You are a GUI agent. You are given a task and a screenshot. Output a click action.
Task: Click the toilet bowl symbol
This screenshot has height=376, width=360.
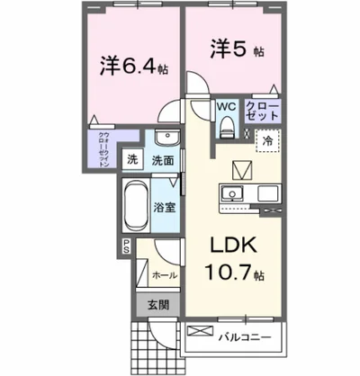point(226,129)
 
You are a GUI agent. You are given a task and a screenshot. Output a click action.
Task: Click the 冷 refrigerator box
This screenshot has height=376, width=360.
point(267,140)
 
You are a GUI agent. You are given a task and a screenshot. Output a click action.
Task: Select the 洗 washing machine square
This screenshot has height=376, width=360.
point(131,160)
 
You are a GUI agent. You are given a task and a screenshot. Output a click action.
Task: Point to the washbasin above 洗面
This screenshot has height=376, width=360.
point(165,138)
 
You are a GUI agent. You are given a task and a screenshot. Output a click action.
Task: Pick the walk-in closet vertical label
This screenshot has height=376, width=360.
point(103,150)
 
